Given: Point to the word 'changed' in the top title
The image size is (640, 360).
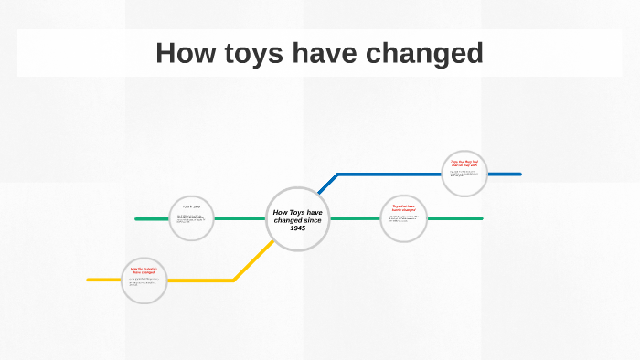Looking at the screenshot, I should tap(425, 53).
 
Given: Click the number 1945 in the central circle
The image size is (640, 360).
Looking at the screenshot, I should tap(298, 228).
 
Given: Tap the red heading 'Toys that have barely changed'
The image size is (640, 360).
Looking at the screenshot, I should tap(403, 208).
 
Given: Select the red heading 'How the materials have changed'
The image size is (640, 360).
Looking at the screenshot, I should tap(144, 270).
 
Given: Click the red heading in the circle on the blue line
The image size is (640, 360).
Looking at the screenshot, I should tap(464, 164).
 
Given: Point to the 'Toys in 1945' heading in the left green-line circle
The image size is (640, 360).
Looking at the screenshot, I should tap(191, 207).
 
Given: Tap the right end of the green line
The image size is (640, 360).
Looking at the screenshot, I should tap(481, 218).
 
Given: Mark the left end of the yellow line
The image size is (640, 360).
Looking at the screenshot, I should tap(89, 280).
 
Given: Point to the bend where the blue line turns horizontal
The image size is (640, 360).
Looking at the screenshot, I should tap(336, 175).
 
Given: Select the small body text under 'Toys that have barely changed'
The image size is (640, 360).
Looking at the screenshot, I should tap(403, 219).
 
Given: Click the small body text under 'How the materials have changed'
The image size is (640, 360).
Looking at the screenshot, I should tap(144, 282).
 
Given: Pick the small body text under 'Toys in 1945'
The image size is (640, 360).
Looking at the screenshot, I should tap(191, 219).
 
